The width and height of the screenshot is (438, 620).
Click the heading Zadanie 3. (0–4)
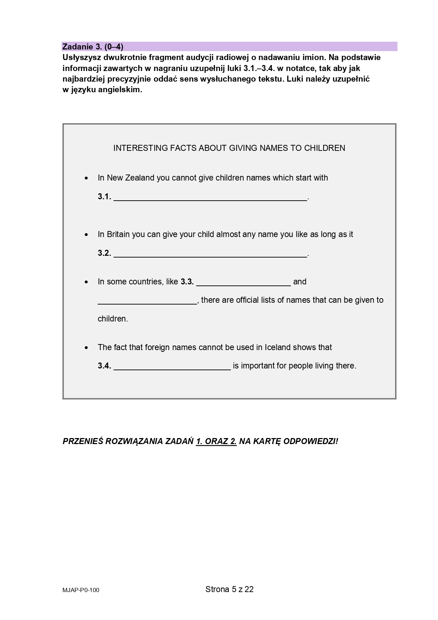point(93,47)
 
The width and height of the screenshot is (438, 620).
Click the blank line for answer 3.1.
point(210,197)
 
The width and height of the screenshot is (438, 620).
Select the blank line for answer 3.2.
point(210,253)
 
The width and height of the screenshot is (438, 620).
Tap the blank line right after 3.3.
point(243,282)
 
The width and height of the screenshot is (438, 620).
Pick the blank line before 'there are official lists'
point(147,300)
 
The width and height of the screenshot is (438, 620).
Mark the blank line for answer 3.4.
point(172,366)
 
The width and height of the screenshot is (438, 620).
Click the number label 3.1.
point(104,197)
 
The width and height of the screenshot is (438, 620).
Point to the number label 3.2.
point(104,253)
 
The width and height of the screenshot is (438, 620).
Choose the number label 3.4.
point(104,366)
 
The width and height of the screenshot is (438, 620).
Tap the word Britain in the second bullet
point(118,234)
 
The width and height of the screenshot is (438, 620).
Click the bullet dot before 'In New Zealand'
point(86,178)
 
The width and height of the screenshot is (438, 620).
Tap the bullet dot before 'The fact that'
point(86,348)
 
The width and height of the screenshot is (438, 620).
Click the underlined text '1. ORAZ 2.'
point(216,441)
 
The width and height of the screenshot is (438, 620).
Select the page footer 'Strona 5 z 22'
point(229,589)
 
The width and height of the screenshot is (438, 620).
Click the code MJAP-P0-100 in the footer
point(81,590)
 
